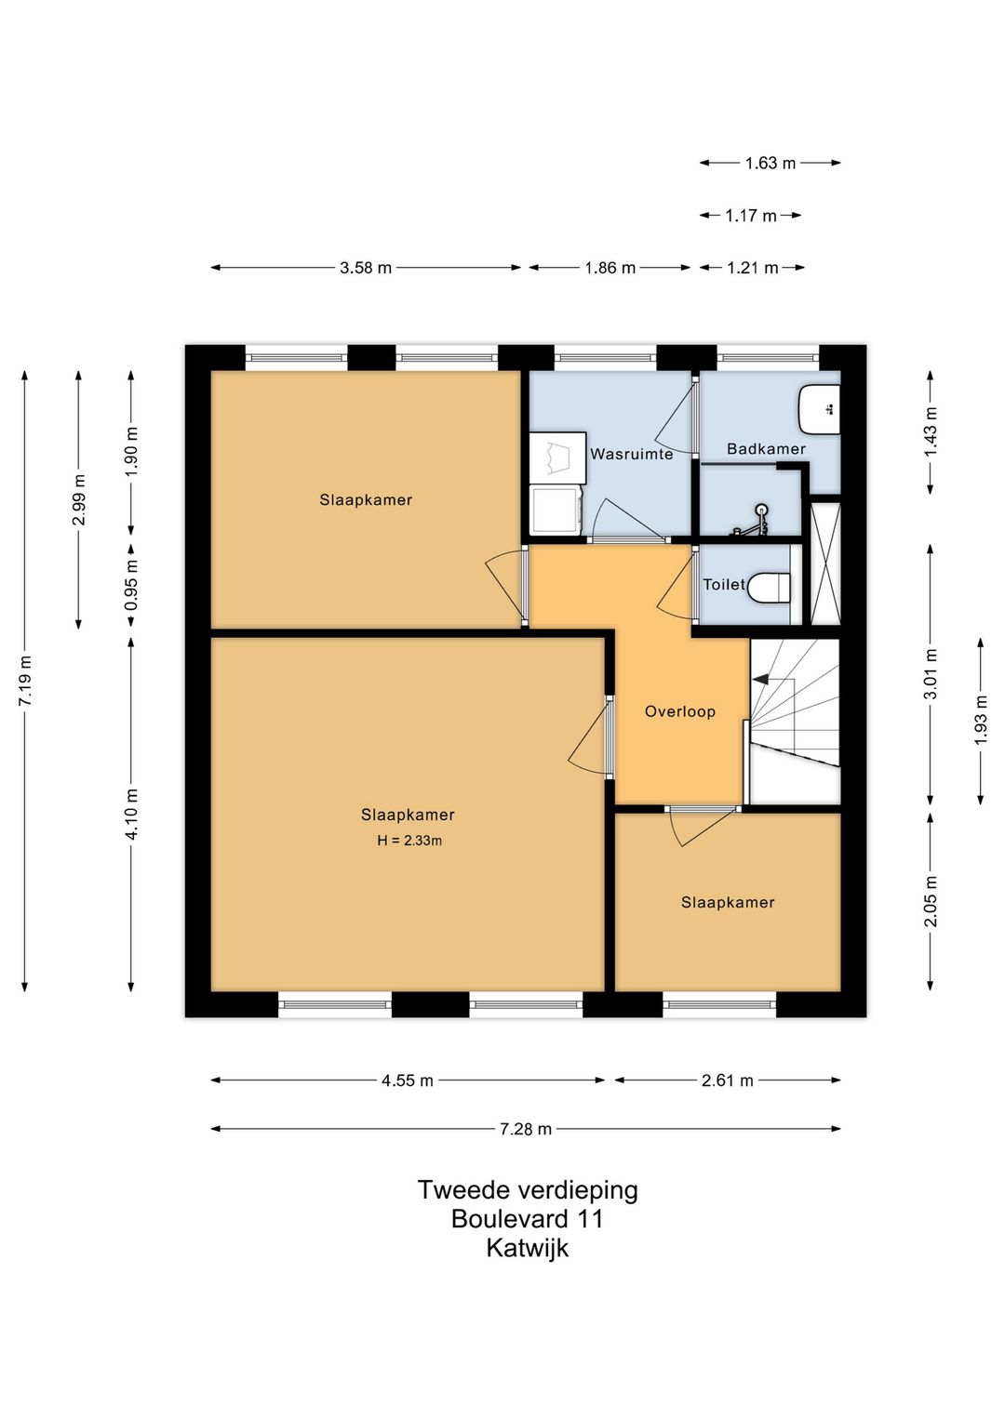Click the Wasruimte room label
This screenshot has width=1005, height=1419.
pos(631,455)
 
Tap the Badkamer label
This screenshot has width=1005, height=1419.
pos(766,449)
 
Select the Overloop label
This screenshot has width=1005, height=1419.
pos(679,712)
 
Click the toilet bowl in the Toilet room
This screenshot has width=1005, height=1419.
pos(771,586)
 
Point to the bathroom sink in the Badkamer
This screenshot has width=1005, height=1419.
pos(819,407)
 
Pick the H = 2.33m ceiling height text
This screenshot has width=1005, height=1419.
pos(409,841)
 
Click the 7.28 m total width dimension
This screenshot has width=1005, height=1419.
pos(526,1129)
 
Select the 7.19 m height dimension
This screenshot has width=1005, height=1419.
pos(25,681)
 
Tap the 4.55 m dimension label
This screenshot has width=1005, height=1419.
pos(408,1081)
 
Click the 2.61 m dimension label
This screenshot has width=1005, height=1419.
pos(728,1081)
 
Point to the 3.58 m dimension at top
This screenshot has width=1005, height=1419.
pos(366,268)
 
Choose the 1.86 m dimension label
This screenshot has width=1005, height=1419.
pos(610,268)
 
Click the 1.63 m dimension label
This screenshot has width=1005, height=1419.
pos(770,163)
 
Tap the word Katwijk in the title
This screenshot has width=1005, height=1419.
pos(527,1248)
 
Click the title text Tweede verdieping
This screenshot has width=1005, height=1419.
pos(527,1190)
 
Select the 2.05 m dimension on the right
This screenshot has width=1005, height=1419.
pos(930,901)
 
